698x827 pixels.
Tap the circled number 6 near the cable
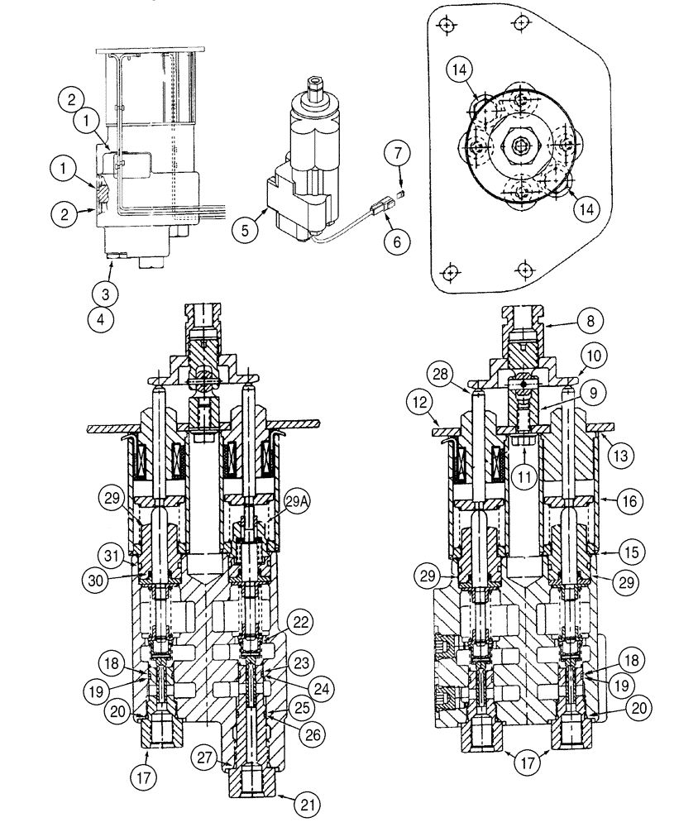396,242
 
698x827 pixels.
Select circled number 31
109,553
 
